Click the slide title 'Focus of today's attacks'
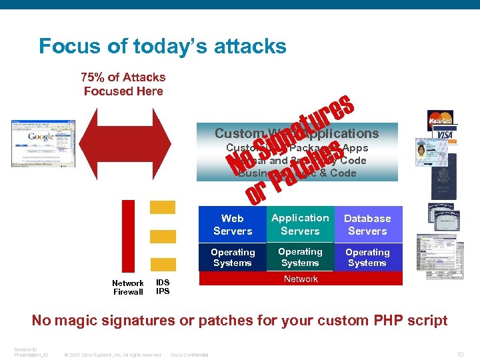pos(162,47)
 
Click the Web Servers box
pos(233,225)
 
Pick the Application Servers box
pos(300,225)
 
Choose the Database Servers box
pos(367,225)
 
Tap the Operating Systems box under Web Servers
pos(233,257)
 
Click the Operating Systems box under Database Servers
pos(367,257)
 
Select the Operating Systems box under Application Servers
pos(300,257)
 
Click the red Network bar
pos(301,279)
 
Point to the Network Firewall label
pos(128,287)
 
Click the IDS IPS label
pos(162,287)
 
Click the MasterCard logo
pos(440,121)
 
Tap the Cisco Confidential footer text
pos(190,355)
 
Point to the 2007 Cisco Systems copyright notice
pos(113,355)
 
